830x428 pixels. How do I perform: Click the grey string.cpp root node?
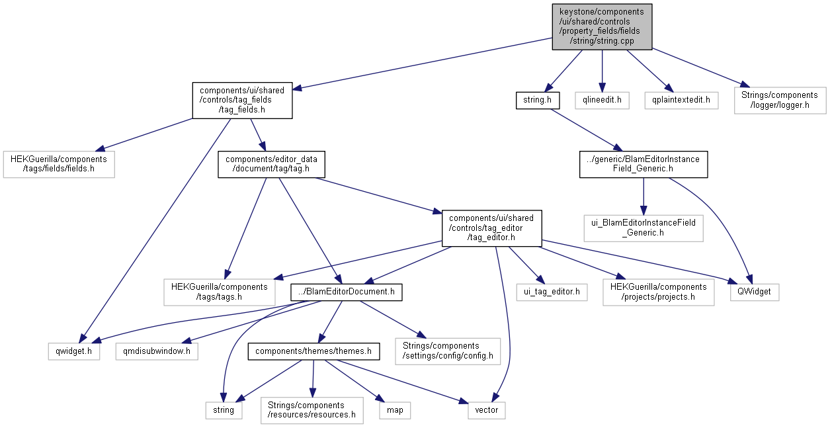(x=602, y=26)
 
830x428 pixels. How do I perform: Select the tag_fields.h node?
(x=242, y=101)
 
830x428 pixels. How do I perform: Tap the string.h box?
(x=538, y=101)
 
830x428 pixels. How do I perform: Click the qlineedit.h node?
(x=602, y=101)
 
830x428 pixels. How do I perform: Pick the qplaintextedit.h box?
(x=681, y=101)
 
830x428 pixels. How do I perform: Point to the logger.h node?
(x=780, y=101)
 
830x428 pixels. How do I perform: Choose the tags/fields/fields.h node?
(x=59, y=164)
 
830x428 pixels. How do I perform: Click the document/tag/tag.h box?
(x=272, y=164)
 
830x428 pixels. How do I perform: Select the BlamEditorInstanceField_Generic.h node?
(x=643, y=164)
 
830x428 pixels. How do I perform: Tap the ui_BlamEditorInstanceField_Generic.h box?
(x=643, y=228)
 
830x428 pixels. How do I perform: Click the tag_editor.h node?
(x=492, y=228)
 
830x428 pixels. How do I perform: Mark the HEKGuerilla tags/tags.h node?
(x=220, y=292)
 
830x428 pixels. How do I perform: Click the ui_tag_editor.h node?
(x=552, y=292)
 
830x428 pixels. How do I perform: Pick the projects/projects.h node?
(x=659, y=292)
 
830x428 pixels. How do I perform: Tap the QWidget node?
(x=754, y=292)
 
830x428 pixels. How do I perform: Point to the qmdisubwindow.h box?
(x=157, y=351)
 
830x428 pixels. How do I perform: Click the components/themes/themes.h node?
(x=313, y=351)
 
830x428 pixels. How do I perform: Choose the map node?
(x=394, y=409)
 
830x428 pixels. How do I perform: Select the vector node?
(x=487, y=409)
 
